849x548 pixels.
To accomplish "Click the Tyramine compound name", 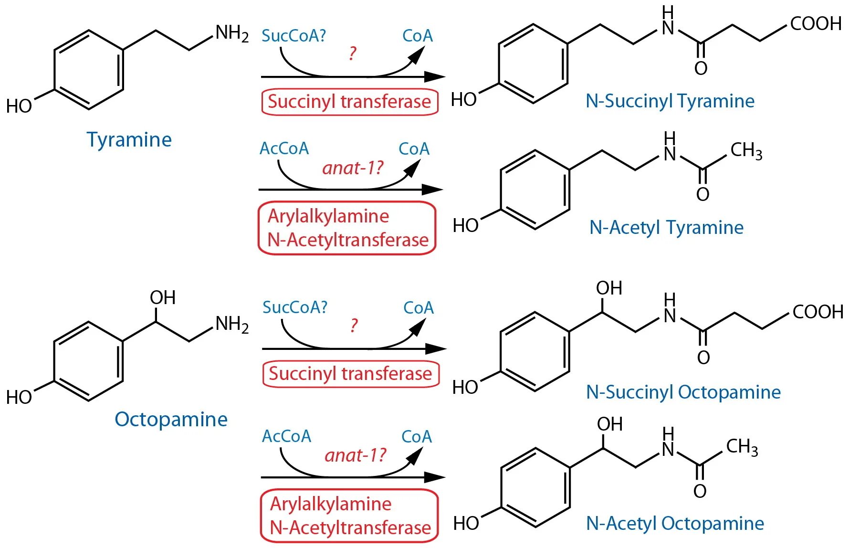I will (129, 140).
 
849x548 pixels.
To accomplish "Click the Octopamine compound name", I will (171, 420).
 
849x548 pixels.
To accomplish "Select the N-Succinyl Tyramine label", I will (670, 101).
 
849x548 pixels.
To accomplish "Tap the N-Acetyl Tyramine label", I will (666, 228).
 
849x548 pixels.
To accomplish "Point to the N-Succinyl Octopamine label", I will (683, 392).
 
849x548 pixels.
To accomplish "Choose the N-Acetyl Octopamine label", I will (675, 524).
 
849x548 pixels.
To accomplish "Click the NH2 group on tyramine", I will (232, 33).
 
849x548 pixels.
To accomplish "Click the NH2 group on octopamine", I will (232, 324).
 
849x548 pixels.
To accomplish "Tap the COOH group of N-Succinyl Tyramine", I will (816, 23).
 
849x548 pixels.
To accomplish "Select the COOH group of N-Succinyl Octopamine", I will (818, 312).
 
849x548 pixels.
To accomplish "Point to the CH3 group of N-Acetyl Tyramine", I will (746, 150).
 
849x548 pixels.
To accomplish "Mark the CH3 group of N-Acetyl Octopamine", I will (742, 447).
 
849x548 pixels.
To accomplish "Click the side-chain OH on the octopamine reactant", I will (163, 298).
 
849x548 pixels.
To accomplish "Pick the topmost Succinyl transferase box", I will (349, 102).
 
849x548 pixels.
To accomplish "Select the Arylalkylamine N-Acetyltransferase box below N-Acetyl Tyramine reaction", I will (347, 228).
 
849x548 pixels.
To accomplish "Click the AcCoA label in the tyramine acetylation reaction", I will (284, 149).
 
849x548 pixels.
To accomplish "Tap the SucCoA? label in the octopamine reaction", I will (295, 307).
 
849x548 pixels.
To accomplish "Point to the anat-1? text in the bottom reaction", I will (355, 455).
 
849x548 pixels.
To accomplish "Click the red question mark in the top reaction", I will (352, 53).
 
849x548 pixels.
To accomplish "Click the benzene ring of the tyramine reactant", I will (89, 70).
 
